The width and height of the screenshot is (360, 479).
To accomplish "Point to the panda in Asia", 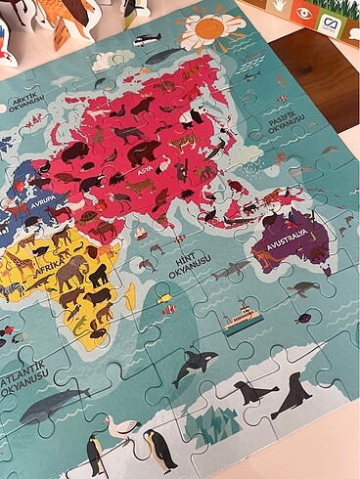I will [188, 175].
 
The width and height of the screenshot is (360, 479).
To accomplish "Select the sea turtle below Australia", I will [304, 288].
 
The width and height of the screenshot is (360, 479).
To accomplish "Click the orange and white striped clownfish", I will [169, 309].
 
